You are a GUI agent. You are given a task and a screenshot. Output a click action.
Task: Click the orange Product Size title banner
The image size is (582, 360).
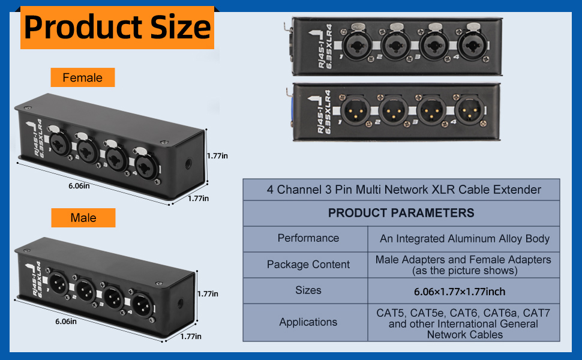[117, 28]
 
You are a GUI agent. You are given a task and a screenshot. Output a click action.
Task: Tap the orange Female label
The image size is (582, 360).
[83, 77]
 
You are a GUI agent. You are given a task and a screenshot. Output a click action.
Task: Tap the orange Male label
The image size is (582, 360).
[83, 217]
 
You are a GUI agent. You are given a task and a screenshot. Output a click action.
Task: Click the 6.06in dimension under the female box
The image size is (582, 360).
[79, 185]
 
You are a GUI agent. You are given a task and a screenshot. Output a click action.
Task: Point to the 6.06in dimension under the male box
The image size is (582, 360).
[65, 322]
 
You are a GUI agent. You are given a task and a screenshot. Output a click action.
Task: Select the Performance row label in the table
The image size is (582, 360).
[308, 238]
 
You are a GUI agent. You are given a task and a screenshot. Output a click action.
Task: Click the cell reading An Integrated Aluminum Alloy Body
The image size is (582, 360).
[464, 239]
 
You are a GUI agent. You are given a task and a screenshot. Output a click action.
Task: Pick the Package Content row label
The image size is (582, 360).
[308, 264]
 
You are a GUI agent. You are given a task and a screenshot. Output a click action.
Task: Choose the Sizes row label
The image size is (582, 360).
[308, 290]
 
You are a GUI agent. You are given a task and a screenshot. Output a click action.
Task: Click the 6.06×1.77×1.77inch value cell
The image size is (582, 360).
[460, 292]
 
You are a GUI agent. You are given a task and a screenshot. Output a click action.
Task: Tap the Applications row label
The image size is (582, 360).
[308, 322]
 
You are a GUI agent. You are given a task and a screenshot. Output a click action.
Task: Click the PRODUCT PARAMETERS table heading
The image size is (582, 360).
[401, 213]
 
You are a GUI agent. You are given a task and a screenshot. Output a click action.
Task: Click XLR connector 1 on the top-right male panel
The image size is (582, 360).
[355, 110]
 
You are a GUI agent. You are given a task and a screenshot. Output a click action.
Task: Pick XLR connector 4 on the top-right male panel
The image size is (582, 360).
[470, 110]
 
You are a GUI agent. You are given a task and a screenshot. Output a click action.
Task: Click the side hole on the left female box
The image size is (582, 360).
[188, 163]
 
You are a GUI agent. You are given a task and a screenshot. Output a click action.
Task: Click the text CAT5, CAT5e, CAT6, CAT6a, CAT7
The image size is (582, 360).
[463, 313]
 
